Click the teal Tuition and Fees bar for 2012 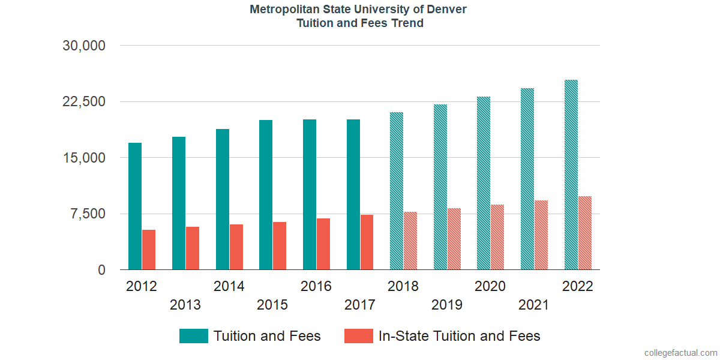click(x=135, y=206)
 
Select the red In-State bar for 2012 click(x=149, y=250)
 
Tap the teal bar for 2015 click(x=266, y=195)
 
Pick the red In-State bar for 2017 click(x=367, y=242)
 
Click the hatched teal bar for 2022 click(x=571, y=175)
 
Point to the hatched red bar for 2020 click(x=497, y=237)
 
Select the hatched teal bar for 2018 click(x=396, y=191)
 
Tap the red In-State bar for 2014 click(x=236, y=247)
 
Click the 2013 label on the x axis click(x=185, y=305)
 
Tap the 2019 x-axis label click(x=447, y=305)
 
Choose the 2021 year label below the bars click(x=534, y=305)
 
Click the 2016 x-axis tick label click(x=316, y=286)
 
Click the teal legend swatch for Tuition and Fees click(x=194, y=336)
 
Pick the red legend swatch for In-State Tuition click(x=358, y=336)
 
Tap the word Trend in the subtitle click(x=407, y=23)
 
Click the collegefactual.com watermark click(x=680, y=353)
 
